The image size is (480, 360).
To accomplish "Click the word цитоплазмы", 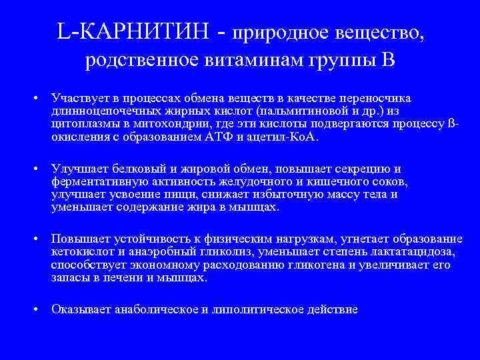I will (81, 124).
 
